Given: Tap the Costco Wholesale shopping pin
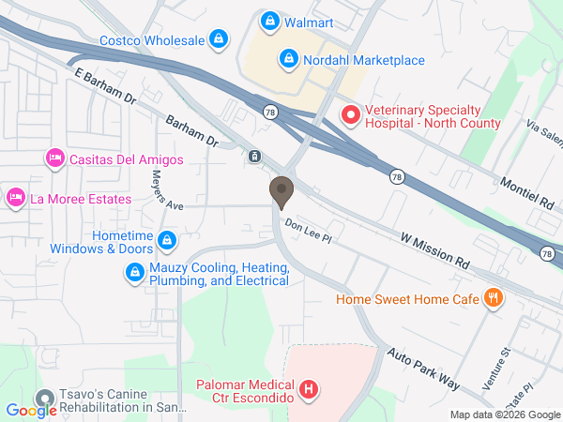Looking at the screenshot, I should coord(219,39).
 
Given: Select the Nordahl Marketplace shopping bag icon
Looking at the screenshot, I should coord(289,60).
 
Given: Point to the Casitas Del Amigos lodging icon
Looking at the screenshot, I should coord(54,158).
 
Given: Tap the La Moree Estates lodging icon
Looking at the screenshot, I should coord(15,198).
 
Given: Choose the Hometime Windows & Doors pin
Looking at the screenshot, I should coord(166,241).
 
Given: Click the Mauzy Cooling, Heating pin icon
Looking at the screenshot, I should coord(134,273).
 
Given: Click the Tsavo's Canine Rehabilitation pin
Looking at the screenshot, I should coord(43,399).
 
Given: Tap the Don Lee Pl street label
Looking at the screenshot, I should coord(309,227).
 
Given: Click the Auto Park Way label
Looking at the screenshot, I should coord(422,369).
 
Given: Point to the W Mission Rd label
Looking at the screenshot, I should coord(434,248).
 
